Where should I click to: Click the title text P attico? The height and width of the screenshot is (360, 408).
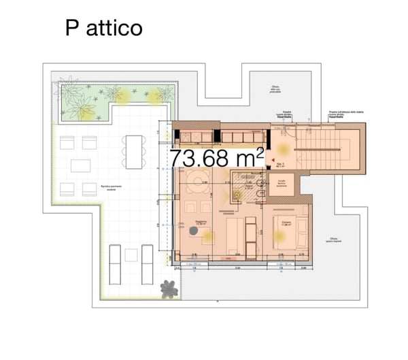104,28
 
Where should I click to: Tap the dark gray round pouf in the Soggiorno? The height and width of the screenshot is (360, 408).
194,232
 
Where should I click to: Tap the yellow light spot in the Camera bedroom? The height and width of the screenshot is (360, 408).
278,235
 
